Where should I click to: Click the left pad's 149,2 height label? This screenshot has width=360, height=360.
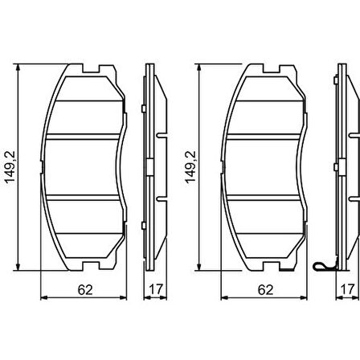coord(10,167)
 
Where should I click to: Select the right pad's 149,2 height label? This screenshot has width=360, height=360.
coord(190,167)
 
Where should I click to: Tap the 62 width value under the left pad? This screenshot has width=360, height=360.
coord(85,290)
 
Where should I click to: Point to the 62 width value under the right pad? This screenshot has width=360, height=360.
coord(265,290)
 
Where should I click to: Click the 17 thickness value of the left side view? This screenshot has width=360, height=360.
coord(156,288)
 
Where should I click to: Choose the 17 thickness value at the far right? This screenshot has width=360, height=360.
coord(347,288)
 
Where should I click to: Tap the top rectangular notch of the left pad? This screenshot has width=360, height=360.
coord(91,68)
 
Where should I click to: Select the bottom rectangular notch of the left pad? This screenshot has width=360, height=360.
coord(91,266)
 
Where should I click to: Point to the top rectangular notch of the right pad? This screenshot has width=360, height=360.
coord(272,68)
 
